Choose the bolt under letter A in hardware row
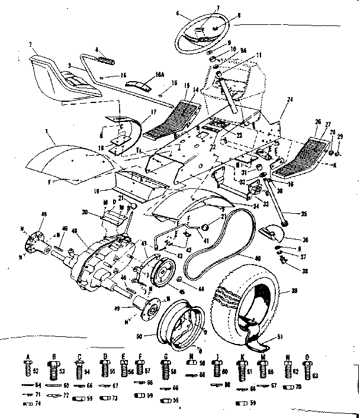pyautogui.click(x=27, y=371)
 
